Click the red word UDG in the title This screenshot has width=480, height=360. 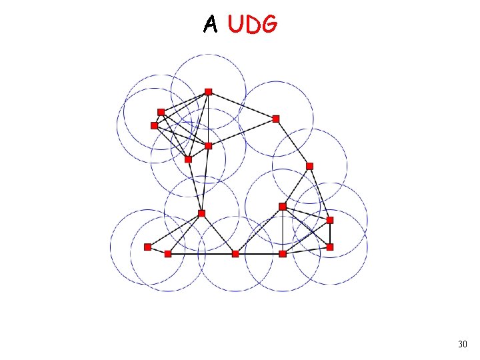[252, 24]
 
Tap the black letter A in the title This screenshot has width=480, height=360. [211, 25]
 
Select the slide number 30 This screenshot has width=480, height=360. [463, 344]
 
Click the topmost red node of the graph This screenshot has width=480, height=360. [208, 91]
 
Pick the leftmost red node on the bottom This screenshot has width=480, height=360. [147, 247]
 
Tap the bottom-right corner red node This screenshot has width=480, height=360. [330, 247]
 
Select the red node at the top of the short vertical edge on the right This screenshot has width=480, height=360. [330, 219]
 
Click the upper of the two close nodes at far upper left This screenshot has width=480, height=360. [161, 111]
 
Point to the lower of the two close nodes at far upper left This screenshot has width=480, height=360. [154, 125]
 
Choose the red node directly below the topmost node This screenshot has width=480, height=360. [208, 145]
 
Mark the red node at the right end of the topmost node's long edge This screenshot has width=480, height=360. [276, 119]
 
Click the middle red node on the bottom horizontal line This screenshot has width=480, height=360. [235, 253]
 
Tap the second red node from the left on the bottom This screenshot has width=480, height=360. [167, 253]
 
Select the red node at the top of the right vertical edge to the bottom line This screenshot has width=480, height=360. [283, 206]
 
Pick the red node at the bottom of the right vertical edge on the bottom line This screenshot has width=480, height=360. [283, 253]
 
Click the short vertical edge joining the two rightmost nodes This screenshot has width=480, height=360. [330, 233]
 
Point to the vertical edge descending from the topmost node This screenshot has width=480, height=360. [208, 119]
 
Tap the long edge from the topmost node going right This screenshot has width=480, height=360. [242, 105]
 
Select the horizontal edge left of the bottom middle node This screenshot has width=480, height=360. [201, 253]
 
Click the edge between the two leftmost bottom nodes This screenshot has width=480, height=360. [157, 250]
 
